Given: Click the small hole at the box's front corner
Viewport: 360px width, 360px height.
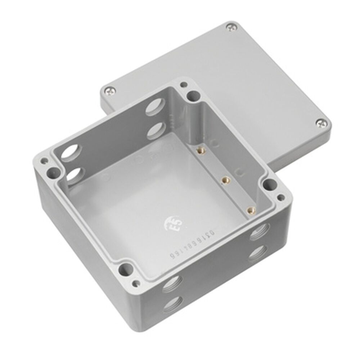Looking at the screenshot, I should pyautogui.click(x=136, y=283).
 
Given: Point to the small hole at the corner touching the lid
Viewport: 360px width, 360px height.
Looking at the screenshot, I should pyautogui.click(x=184, y=85).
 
